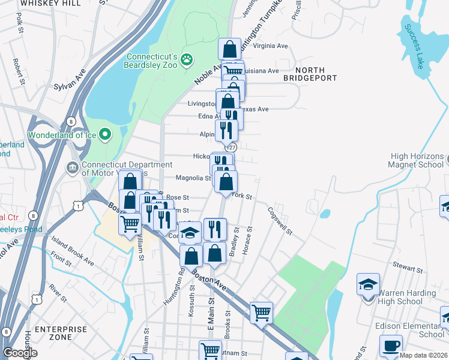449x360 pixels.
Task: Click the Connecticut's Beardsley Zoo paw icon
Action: tap(187, 59)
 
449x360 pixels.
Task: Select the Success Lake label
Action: tap(414, 46)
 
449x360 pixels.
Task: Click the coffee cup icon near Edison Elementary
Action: tap(391, 346)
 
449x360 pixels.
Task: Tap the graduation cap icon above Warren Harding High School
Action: tap(368, 283)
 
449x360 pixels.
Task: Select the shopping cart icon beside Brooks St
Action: tap(261, 312)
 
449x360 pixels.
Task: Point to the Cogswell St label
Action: tap(280, 221)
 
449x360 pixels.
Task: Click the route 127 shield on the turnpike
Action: tap(231, 147)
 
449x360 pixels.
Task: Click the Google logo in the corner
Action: tap(20, 353)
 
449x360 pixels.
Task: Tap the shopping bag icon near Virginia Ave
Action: tap(229, 49)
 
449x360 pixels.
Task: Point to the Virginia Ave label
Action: tap(271, 45)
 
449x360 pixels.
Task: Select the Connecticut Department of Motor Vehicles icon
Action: tap(72, 166)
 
